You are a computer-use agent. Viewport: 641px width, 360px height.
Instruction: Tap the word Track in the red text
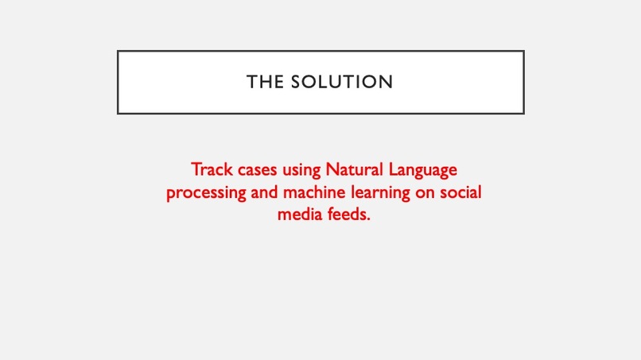[x=210, y=169]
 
